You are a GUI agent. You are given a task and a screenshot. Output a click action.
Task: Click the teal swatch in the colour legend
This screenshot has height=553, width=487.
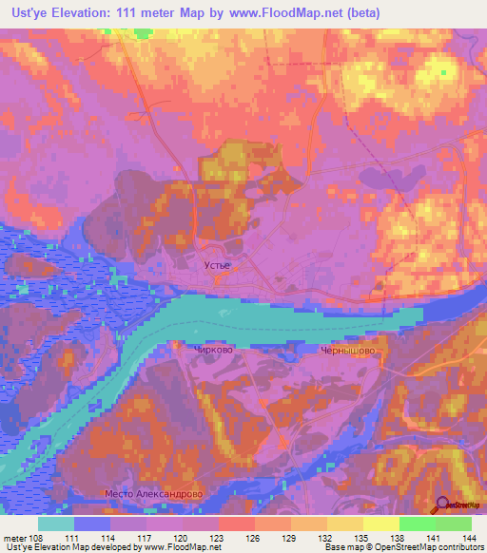[56, 523]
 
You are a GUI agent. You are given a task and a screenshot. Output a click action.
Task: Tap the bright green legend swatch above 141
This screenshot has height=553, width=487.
[418, 523]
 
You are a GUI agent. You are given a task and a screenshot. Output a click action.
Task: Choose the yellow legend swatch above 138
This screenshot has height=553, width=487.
[381, 523]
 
